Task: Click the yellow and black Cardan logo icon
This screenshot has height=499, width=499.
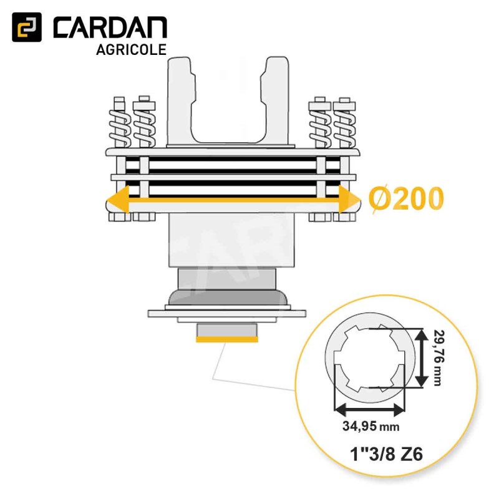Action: click(x=27, y=27)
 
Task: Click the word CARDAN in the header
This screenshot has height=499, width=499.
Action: click(x=110, y=28)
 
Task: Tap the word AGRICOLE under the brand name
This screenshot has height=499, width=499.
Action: click(x=132, y=50)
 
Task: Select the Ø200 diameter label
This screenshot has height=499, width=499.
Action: click(x=406, y=198)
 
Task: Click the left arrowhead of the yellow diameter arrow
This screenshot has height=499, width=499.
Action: click(x=118, y=200)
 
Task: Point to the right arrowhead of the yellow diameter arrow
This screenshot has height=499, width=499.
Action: click(x=349, y=200)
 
